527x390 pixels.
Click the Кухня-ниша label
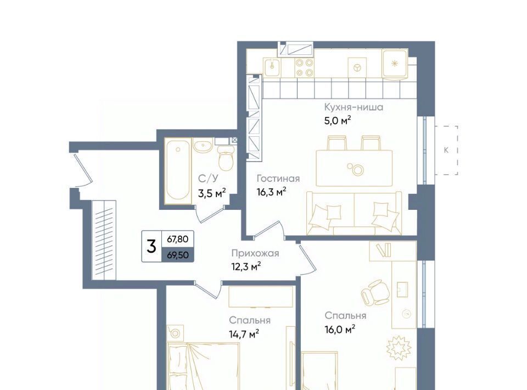pos(354,107)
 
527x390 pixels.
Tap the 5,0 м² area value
pos(338,120)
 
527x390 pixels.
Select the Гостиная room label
pos(278,179)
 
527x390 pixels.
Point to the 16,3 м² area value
pos(271,192)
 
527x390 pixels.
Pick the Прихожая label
pos(255,253)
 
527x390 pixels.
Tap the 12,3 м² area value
pos(246,267)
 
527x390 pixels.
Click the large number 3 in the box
pos(152,247)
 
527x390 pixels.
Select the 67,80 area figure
pos(178,239)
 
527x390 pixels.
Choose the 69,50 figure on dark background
pos(178,255)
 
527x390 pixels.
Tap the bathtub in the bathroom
pos(178,170)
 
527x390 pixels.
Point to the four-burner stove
pos(304,68)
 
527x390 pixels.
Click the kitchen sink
pos(272,67)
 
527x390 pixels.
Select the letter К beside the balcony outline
pos(446,151)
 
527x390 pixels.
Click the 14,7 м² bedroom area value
pos(244,334)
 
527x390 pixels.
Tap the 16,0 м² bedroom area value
pos(340,330)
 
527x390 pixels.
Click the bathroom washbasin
pos(203,147)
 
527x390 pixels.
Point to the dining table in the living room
pos(354,168)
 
